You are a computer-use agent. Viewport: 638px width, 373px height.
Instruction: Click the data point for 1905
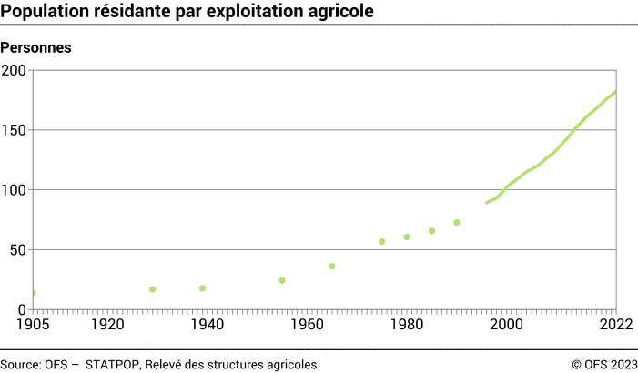click(x=34, y=293)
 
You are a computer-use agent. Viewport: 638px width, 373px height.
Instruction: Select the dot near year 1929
click(x=153, y=289)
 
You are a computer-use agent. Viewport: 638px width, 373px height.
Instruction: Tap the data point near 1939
click(x=202, y=288)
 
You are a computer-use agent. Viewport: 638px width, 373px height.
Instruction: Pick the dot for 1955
click(x=282, y=280)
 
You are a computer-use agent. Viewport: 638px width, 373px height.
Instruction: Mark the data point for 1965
click(x=332, y=266)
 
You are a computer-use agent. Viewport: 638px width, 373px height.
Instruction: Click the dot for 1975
click(x=382, y=241)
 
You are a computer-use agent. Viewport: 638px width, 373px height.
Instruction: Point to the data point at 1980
click(x=407, y=237)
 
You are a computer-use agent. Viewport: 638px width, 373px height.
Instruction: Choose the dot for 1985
click(x=432, y=231)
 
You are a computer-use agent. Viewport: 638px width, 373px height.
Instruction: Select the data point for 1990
click(x=457, y=222)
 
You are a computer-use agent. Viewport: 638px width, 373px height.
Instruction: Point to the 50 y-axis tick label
click(x=18, y=250)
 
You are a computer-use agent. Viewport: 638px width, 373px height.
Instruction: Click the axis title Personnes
click(x=37, y=46)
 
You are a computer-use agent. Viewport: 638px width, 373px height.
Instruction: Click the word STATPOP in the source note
click(x=113, y=364)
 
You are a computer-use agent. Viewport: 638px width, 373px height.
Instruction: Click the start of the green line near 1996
click(x=487, y=202)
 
